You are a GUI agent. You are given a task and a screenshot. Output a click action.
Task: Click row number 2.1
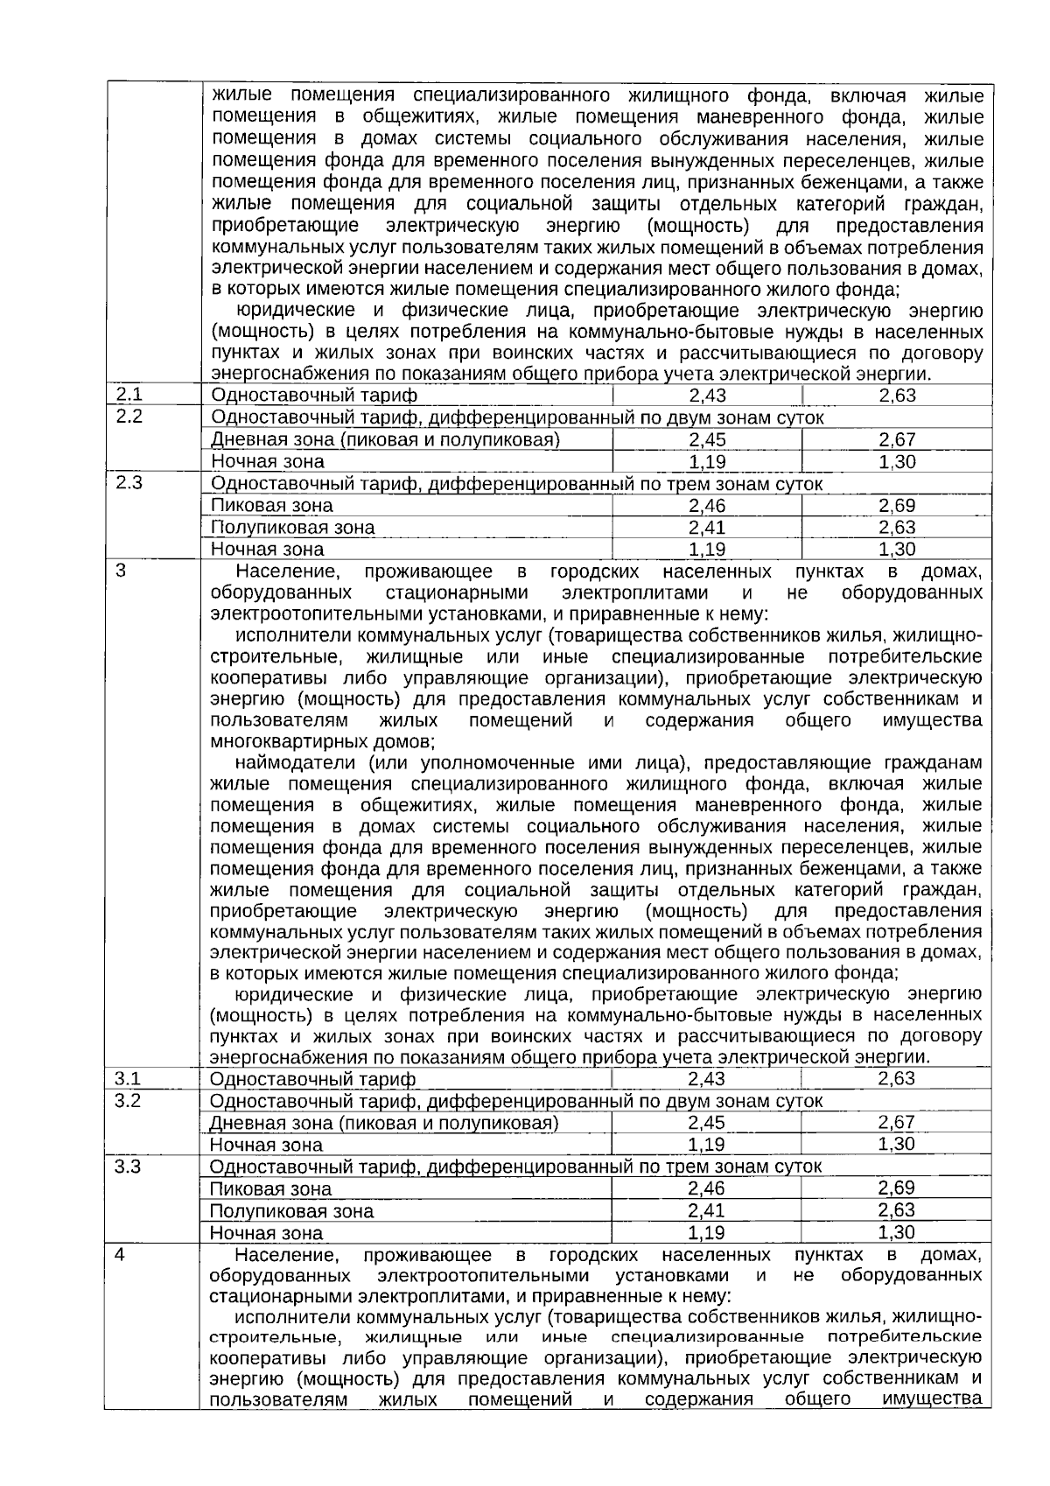(129, 395)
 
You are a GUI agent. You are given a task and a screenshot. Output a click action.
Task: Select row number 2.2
(129, 417)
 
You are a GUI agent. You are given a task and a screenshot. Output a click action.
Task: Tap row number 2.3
(129, 483)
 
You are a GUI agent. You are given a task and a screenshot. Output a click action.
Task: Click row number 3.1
(128, 1078)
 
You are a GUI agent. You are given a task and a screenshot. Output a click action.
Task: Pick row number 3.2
(128, 1100)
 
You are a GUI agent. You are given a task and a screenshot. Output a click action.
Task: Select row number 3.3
(128, 1167)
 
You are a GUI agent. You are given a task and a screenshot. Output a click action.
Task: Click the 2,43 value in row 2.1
(707, 396)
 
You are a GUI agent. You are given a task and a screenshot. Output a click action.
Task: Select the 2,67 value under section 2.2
(897, 439)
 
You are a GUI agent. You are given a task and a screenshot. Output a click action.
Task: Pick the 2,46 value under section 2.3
(707, 506)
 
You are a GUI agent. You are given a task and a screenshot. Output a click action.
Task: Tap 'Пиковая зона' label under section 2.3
(271, 506)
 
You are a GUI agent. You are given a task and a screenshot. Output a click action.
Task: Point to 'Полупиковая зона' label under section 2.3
(292, 528)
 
